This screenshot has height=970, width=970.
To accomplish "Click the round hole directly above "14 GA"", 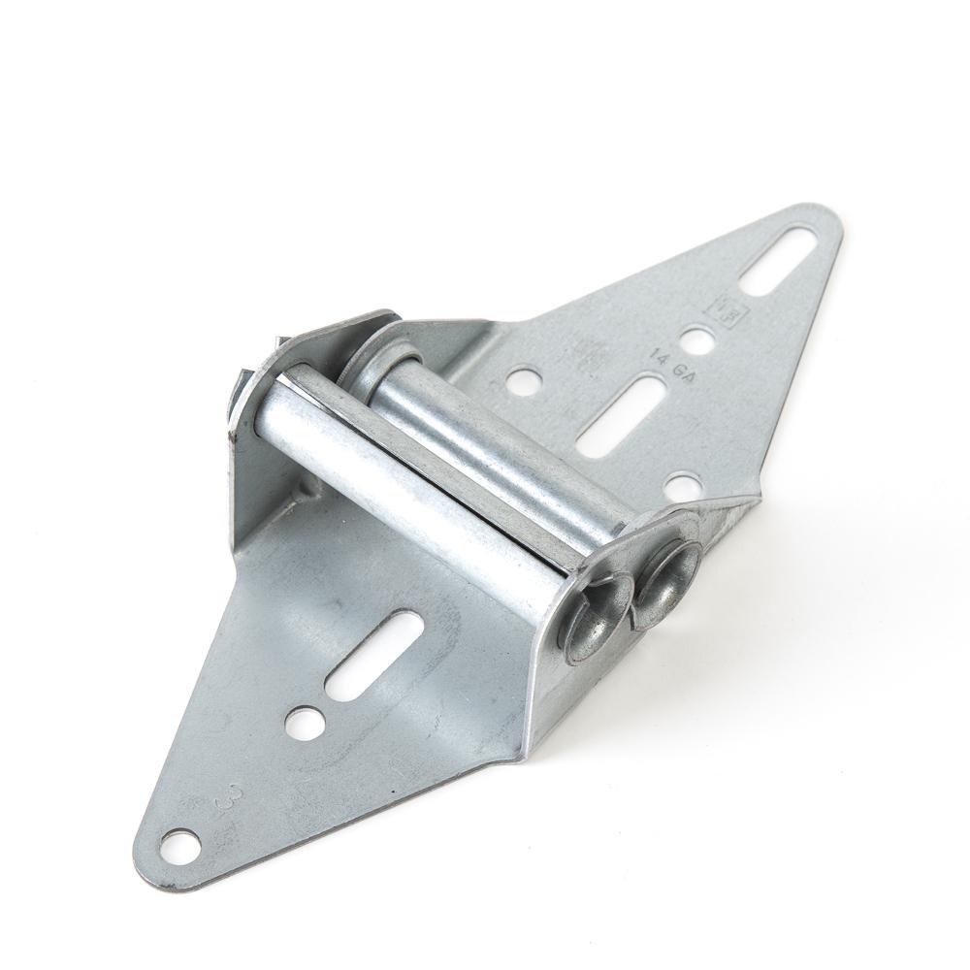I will (695, 340).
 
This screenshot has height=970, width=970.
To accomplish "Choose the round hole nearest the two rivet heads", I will (683, 483).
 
